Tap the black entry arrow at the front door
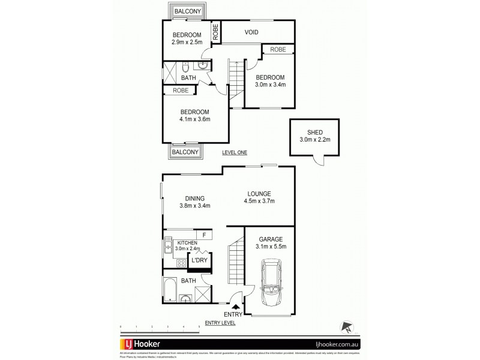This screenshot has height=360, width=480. click(x=235, y=308)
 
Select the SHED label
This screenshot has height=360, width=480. click(x=314, y=133)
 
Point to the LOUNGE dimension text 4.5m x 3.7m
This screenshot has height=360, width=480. click(x=260, y=202)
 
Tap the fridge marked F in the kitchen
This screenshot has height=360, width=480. click(x=204, y=235)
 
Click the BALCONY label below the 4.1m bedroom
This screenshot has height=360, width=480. click(x=185, y=152)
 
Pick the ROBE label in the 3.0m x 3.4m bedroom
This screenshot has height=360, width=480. click(x=277, y=49)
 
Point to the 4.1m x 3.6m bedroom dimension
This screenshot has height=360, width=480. click(x=194, y=119)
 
